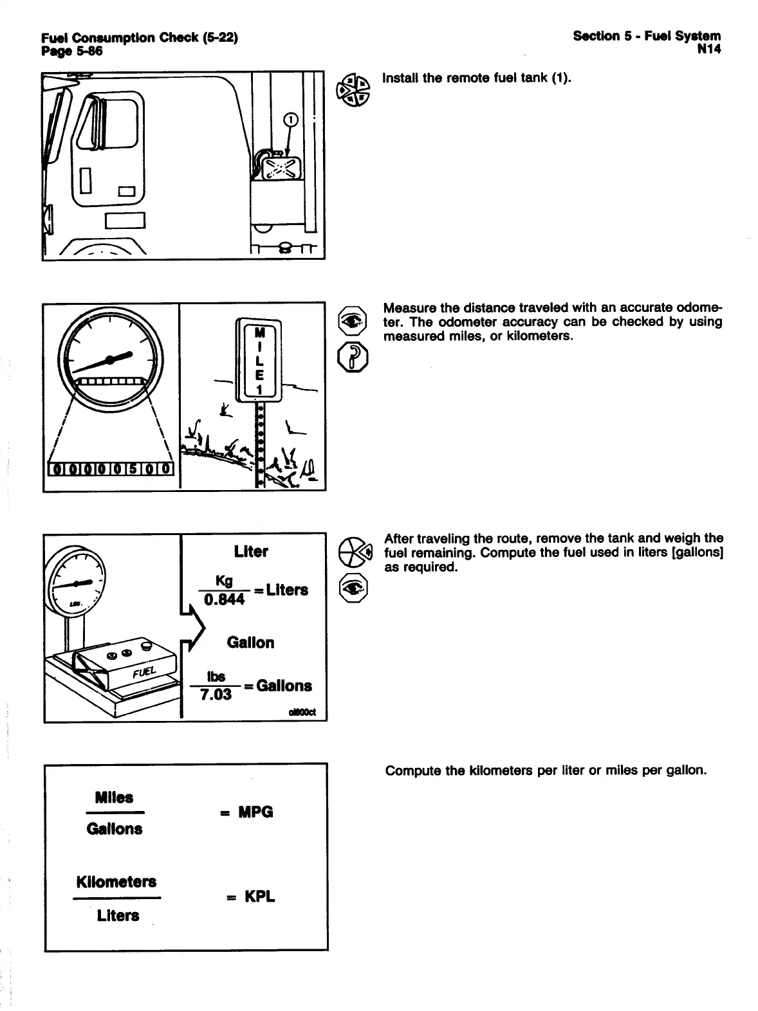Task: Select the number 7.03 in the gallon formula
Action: (x=216, y=695)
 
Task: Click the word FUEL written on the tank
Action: (x=142, y=673)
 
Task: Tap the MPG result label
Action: (x=255, y=812)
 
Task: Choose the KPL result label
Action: (x=259, y=897)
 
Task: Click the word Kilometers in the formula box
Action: (x=116, y=882)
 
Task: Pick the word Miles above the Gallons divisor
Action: (x=114, y=798)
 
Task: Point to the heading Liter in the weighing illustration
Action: (x=251, y=552)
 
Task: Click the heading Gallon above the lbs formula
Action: (x=250, y=642)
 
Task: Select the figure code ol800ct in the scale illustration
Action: (x=311, y=712)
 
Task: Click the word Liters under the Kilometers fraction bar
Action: (x=118, y=915)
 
